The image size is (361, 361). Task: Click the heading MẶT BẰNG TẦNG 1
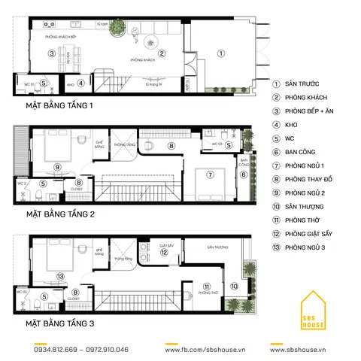tap(59, 106)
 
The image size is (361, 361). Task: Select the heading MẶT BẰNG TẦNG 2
tap(59, 214)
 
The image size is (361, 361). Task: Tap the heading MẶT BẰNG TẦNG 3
tap(59, 323)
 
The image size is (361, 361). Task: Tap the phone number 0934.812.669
tap(56, 350)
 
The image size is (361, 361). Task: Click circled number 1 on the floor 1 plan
tap(221, 53)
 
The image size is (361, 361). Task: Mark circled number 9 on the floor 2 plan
tap(57, 167)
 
